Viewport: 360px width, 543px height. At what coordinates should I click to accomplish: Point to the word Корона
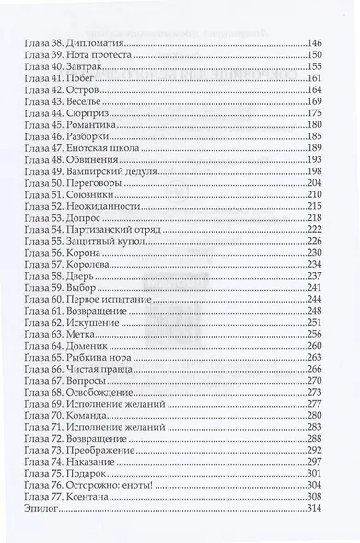click(84, 276)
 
